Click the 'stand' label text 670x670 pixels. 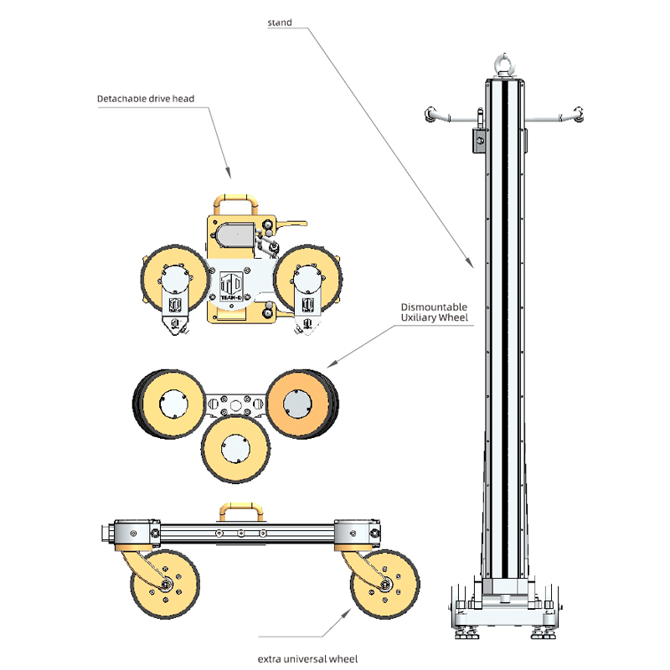pos(280,23)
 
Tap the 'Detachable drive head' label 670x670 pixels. pos(146,99)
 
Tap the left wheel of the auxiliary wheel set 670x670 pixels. pos(173,404)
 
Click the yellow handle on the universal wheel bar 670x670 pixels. pos(239,510)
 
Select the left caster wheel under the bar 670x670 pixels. pos(166,584)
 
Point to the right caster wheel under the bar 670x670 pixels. pos(385,584)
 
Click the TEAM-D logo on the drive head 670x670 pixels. pos(232,289)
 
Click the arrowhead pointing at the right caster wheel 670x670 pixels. pos(348,616)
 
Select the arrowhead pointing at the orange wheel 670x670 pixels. pos(329,365)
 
